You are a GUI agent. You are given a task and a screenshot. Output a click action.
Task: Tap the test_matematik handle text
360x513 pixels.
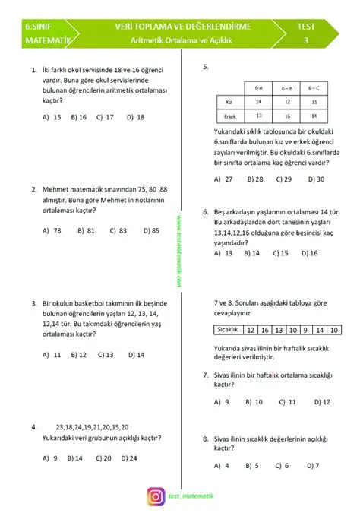(191, 496)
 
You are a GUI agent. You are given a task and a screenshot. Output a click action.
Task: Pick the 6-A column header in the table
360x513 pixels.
(258, 89)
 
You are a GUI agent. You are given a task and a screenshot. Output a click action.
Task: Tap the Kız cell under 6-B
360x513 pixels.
(286, 101)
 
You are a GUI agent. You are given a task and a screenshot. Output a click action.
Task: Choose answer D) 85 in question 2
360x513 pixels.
(150, 230)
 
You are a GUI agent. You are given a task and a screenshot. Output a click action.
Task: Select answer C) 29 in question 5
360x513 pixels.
(283, 179)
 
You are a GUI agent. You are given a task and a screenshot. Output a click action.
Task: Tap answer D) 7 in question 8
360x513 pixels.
(311, 465)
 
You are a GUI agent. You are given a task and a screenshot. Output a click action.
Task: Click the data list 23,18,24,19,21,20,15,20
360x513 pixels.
(87, 427)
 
